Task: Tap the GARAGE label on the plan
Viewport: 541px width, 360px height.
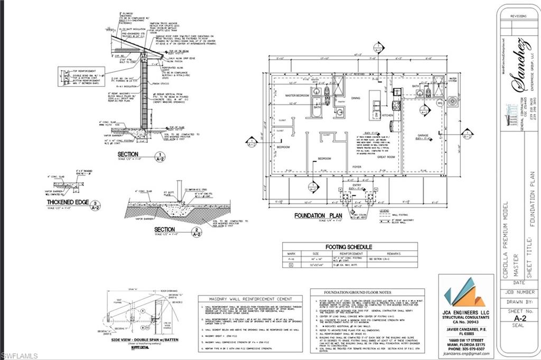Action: pyautogui.click(x=422, y=135)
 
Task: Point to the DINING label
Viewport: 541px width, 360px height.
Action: pyautogui.click(x=356, y=98)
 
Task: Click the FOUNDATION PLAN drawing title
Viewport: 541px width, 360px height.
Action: pyautogui.click(x=317, y=215)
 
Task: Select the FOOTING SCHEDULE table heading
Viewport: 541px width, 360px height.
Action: pyautogui.click(x=349, y=247)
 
